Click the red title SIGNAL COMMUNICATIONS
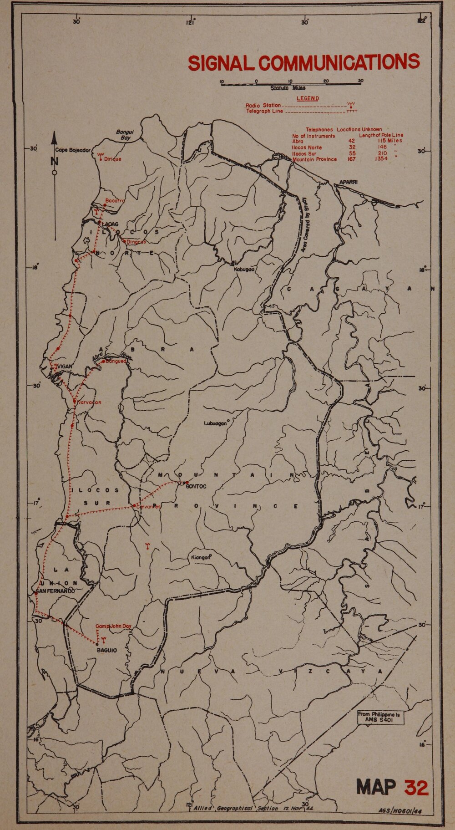pos(303,63)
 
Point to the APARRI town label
pos(349,183)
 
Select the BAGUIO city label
pos(106,650)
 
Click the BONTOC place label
pos(196,487)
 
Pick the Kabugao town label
pos(243,270)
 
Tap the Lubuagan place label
pos(215,423)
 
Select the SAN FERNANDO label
pos(55,591)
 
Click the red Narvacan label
pos(89,402)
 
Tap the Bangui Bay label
pos(123,134)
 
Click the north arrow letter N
pos(55,161)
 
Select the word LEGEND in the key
pos(308,98)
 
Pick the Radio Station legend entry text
pos(263,105)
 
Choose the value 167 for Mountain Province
pos(351,159)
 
